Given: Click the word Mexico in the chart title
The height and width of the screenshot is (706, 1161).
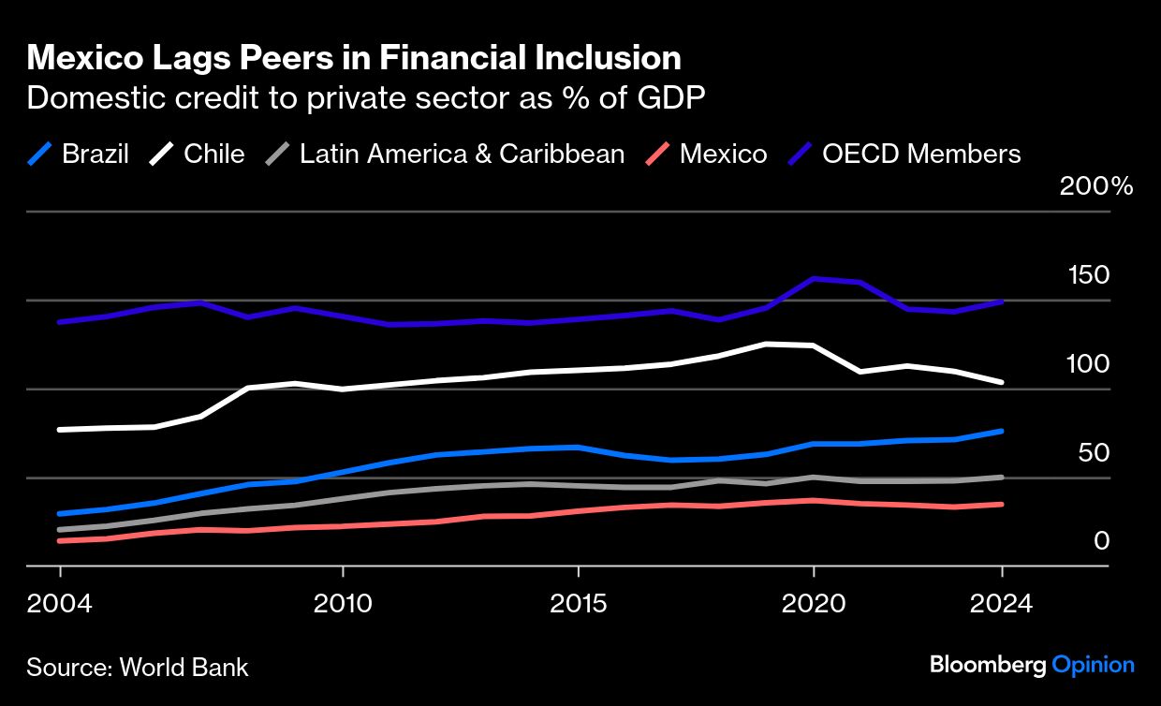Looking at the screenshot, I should pos(81,59).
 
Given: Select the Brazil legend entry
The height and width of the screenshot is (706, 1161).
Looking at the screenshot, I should pos(95,154).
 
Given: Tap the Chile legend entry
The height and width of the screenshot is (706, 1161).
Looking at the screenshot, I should pos(213,154).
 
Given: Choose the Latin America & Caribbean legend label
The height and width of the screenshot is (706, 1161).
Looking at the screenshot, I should pos(462,154).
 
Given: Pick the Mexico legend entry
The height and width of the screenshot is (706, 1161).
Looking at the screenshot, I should pos(723,154).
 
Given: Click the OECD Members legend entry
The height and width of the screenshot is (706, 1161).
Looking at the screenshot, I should pos(921,154).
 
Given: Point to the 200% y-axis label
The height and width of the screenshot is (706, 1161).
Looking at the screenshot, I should pos(1096,186).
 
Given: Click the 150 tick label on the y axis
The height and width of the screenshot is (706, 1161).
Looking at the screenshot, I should pos(1089,275).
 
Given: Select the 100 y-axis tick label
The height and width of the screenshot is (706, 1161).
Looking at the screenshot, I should pos(1089,364).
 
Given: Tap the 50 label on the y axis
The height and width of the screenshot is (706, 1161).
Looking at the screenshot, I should pos(1095,453).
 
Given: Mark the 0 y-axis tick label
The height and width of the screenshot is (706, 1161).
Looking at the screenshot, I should pos(1102,541).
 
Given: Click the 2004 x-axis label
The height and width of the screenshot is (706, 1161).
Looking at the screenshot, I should pos(61,602).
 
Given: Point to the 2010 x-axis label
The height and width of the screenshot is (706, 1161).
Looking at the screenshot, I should pos(343,602).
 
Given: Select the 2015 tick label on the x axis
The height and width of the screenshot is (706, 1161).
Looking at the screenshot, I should pos(579,602).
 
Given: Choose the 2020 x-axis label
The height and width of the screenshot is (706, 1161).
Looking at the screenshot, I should pos(814,602).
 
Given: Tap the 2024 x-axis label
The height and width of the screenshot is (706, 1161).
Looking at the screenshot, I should pos(1002,602).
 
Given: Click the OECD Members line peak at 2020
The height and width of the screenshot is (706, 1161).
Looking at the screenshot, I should pos(814,278).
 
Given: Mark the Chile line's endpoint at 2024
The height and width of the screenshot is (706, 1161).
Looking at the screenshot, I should pos(1002,382).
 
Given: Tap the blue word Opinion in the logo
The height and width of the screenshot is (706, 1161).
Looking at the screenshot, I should pos(1093,665).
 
